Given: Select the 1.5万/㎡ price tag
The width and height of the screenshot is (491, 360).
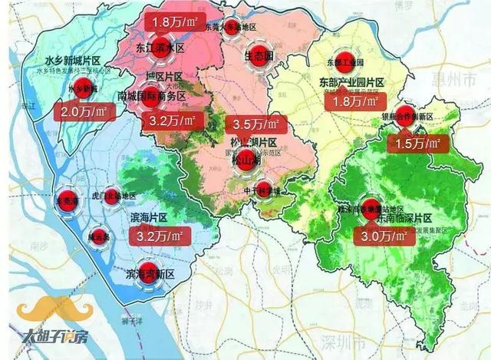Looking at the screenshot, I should pos(416,144).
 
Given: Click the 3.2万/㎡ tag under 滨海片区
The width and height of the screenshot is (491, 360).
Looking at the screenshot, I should pos(158,238).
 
